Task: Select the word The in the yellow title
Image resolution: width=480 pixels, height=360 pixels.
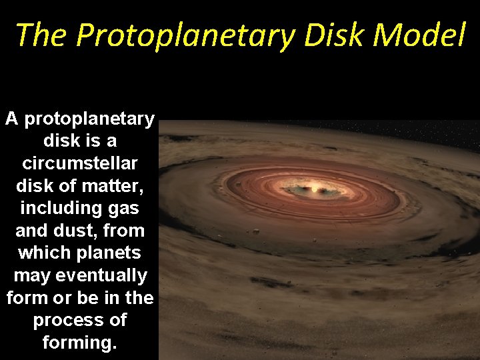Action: pyautogui.click(x=41, y=35)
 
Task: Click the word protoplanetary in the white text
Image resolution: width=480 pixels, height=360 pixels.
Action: pyautogui.click(x=89, y=119)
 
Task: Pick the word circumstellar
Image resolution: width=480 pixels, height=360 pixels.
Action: pyautogui.click(x=79, y=164)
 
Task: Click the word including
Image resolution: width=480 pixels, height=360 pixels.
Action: pyautogui.click(x=58, y=209)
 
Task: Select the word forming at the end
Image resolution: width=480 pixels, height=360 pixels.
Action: pyautogui.click(x=79, y=343)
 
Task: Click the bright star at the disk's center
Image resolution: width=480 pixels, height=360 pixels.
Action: pyautogui.click(x=315, y=189)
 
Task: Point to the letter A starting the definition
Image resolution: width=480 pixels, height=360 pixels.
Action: pyautogui.click(x=11, y=119)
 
